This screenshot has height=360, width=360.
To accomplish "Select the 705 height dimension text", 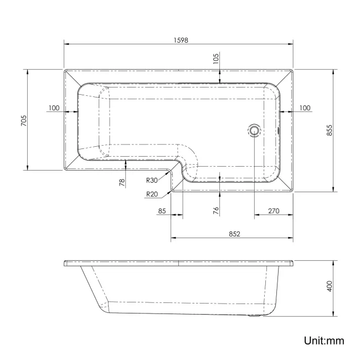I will pyautogui.click(x=23, y=120).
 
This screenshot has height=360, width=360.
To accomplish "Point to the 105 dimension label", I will pyautogui.click(x=216, y=58).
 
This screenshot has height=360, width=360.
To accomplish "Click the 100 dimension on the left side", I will pyautogui.click(x=54, y=107).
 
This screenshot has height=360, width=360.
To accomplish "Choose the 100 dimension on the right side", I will pyautogui.click(x=304, y=107).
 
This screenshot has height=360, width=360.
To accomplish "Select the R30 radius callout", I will pyautogui.click(x=152, y=179).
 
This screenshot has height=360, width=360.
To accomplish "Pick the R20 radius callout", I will pyautogui.click(x=152, y=194).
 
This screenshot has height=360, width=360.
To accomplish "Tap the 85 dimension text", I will pyautogui.click(x=162, y=210).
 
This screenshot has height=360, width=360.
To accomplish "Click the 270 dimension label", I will pyautogui.click(x=273, y=210).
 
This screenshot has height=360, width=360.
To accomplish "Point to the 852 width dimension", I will pyautogui.click(x=233, y=234).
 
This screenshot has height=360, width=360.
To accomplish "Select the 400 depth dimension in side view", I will pyautogui.click(x=328, y=286).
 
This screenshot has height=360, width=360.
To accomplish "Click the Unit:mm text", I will pyautogui.click(x=323, y=340).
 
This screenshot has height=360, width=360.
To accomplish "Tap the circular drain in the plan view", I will pyautogui.click(x=254, y=131).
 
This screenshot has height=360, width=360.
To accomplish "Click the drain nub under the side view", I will pyautogui.click(x=254, y=317).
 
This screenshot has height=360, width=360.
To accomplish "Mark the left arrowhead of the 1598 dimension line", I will pyautogui.click(x=66, y=44).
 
